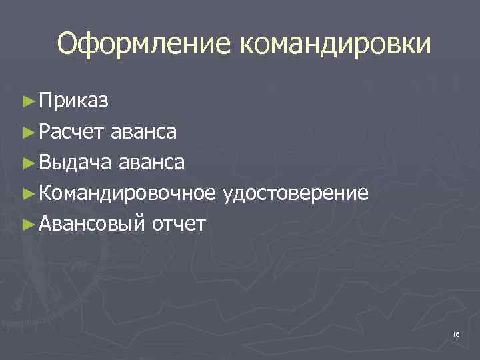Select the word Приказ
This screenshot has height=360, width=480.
coord(74,101)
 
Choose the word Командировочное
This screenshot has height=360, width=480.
coord(127,193)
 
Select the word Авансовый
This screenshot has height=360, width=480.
coord(91,224)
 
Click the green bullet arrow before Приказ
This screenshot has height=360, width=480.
coord(27,102)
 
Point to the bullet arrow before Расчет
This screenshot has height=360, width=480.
coord(27,133)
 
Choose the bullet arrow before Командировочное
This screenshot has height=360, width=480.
coord(27,194)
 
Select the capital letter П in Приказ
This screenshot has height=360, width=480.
coord(46,101)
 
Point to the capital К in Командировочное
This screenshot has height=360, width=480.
coord(45,193)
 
